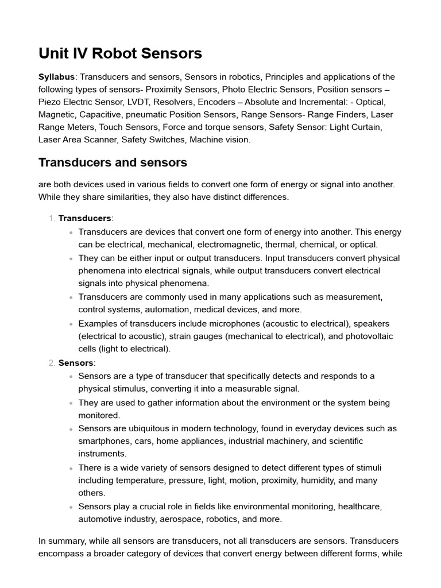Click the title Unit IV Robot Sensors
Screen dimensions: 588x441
tap(120, 53)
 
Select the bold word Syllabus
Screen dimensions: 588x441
tap(57, 77)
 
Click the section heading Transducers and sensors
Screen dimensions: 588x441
tap(113, 163)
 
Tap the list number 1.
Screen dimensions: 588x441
tap(52, 218)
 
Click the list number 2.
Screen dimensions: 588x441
tap(52, 363)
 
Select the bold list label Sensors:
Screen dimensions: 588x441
tap(77, 363)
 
